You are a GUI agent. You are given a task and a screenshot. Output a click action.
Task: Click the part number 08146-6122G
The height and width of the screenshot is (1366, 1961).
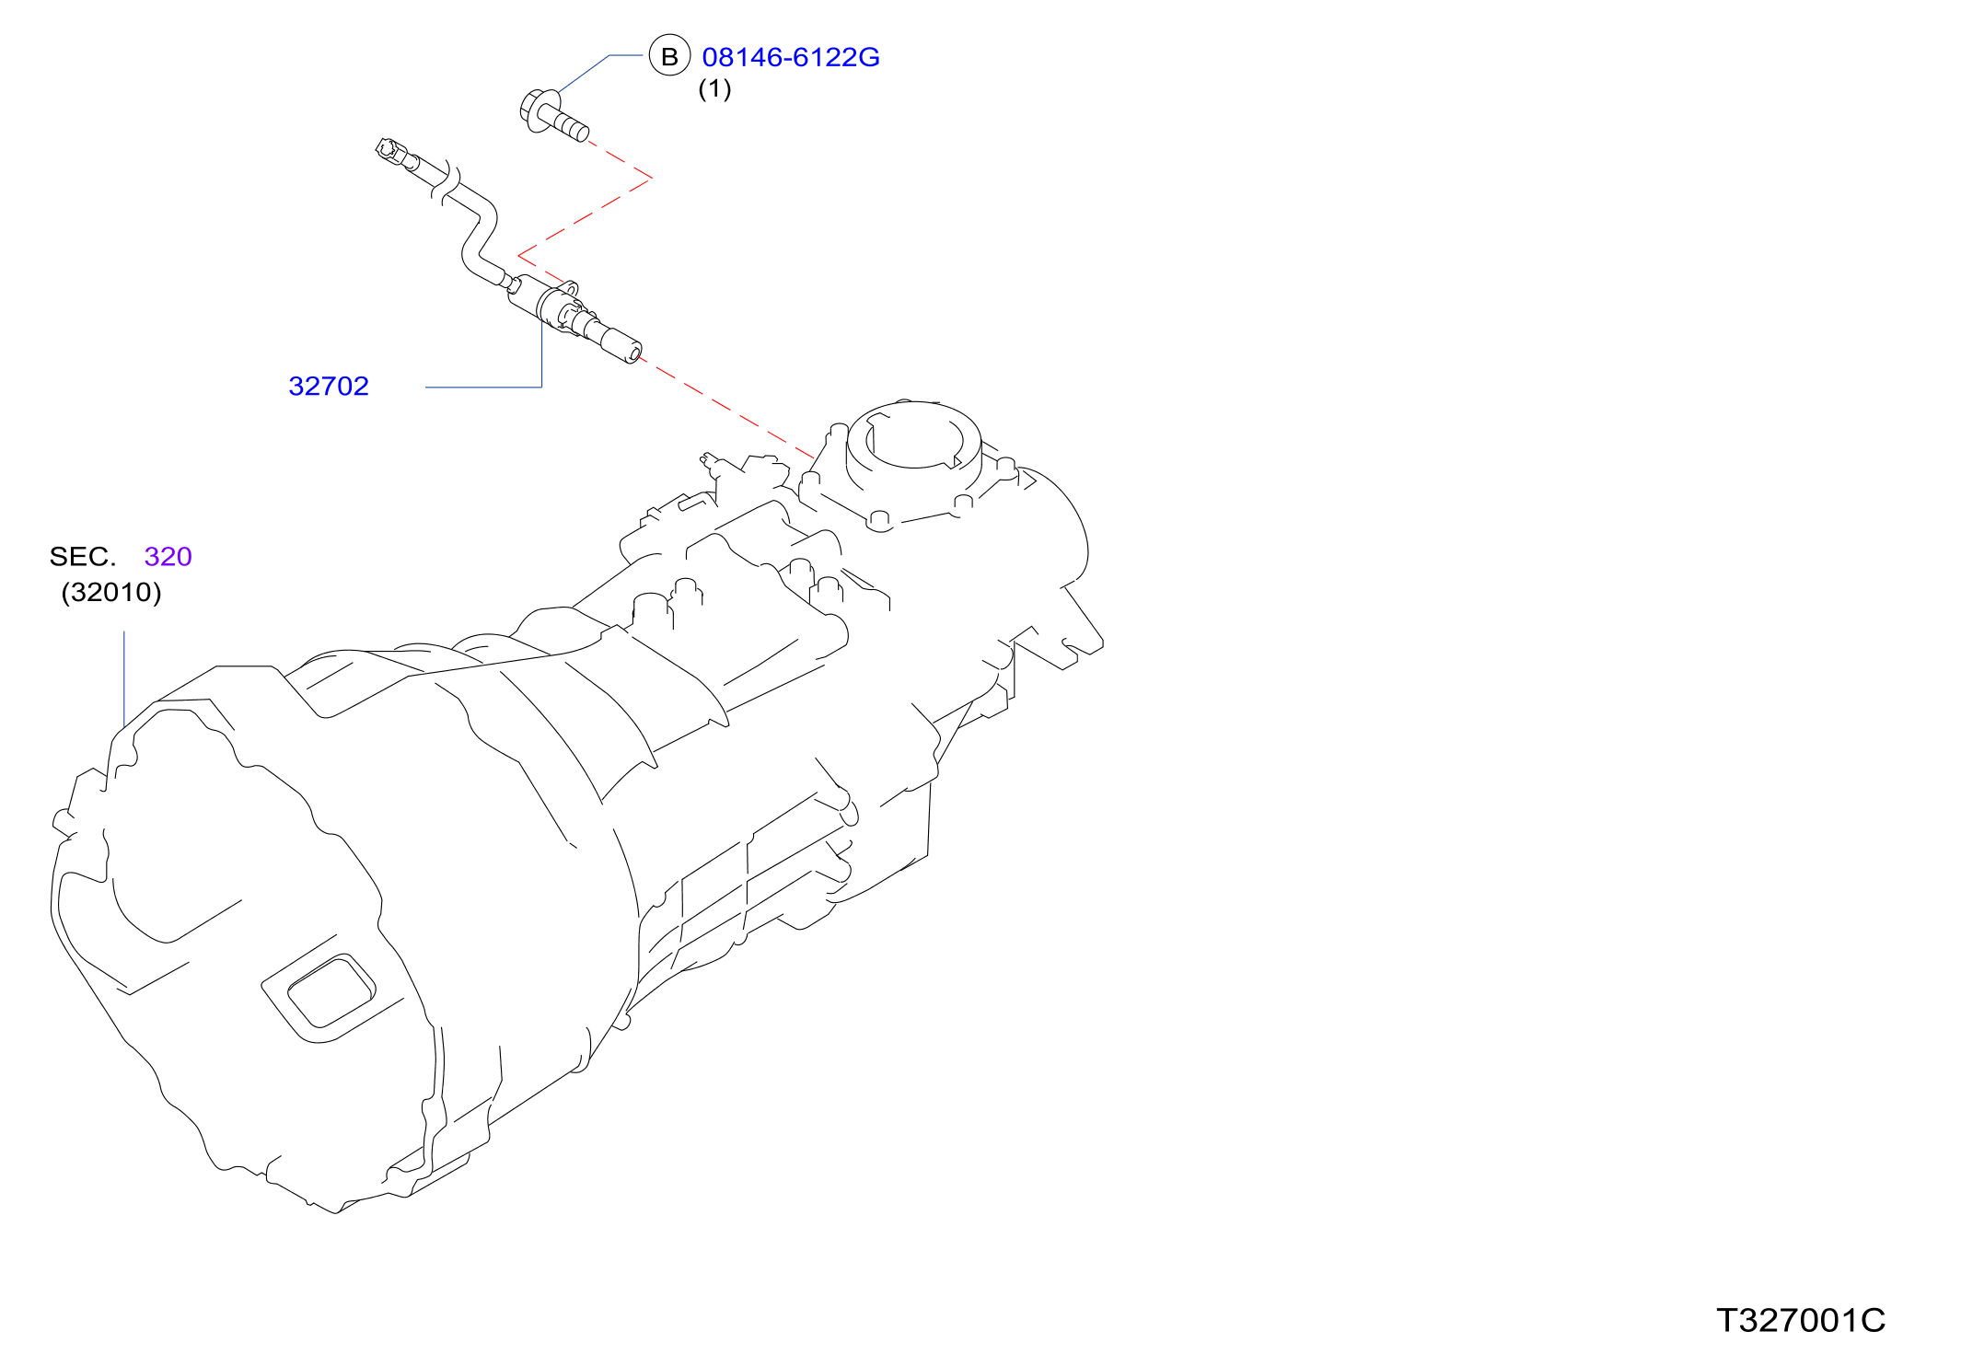(x=791, y=57)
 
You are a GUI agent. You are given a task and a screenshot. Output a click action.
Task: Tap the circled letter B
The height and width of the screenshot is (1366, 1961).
(x=669, y=56)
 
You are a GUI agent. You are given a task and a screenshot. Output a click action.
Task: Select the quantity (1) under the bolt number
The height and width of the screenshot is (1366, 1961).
(x=715, y=89)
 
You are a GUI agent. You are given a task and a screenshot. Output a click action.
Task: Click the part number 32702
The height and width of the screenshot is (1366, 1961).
(x=329, y=386)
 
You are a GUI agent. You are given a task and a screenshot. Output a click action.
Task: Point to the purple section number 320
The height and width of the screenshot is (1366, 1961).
(x=168, y=556)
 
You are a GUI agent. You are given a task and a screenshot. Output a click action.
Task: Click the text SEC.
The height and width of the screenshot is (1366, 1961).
(x=83, y=556)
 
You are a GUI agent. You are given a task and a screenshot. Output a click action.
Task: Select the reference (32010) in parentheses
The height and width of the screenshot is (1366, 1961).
(x=111, y=592)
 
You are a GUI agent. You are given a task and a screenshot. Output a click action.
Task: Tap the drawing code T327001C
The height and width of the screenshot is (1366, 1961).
(x=1801, y=1320)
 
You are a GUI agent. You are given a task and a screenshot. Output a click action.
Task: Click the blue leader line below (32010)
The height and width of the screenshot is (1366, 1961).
(x=124, y=679)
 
